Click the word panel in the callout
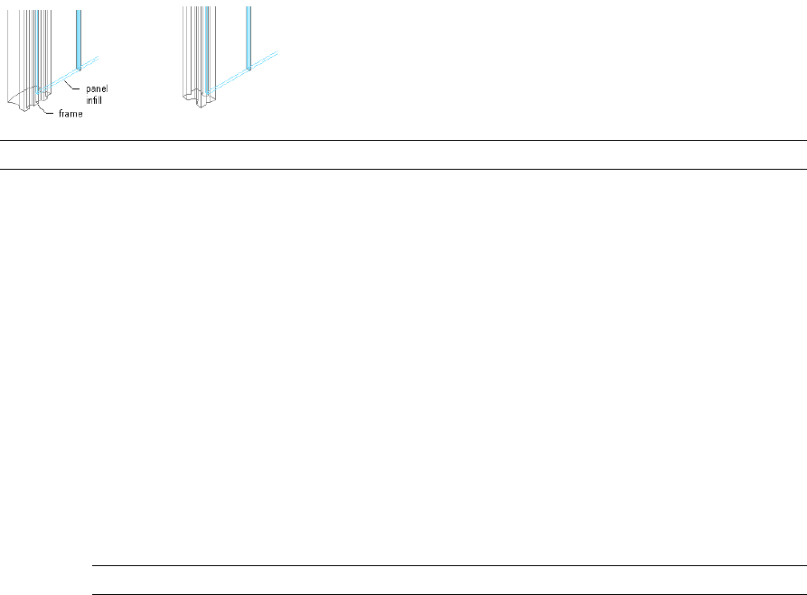pos(97,88)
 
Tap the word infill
pos(94,99)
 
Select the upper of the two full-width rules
pos(403,140)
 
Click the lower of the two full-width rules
pos(403,169)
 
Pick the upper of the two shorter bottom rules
pos(449,566)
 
